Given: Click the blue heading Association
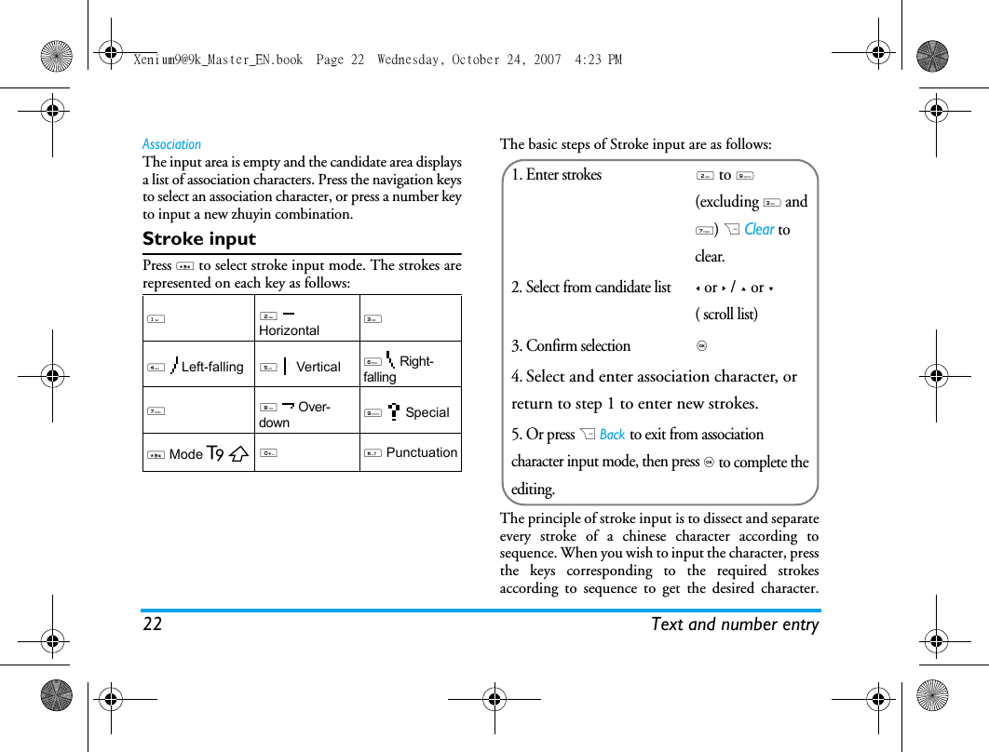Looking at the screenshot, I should pyautogui.click(x=171, y=144).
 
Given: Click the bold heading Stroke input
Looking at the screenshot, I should pyautogui.click(x=199, y=239).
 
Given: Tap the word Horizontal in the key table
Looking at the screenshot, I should pyautogui.click(x=289, y=330).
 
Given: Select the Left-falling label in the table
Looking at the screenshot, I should pyautogui.click(x=212, y=367).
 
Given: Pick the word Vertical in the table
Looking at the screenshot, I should pyautogui.click(x=318, y=367).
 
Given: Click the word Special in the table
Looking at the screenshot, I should pyautogui.click(x=427, y=412).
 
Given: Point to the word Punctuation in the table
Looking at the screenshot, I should pyautogui.click(x=422, y=452).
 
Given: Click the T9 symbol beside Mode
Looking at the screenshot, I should pyautogui.click(x=216, y=454).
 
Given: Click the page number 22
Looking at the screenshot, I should pyautogui.click(x=152, y=624).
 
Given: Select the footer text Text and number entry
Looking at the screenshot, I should pyautogui.click(x=735, y=624).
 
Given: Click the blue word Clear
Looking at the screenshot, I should pyautogui.click(x=759, y=229).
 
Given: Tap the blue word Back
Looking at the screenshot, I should pyautogui.click(x=613, y=435).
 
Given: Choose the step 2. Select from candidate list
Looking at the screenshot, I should pyautogui.click(x=590, y=287).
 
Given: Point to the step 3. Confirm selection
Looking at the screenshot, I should pyautogui.click(x=571, y=345).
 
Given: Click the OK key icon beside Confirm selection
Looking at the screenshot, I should pyautogui.click(x=701, y=346).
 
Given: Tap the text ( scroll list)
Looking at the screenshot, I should pyautogui.click(x=726, y=315).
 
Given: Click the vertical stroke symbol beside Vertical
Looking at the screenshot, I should pyautogui.click(x=285, y=366).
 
